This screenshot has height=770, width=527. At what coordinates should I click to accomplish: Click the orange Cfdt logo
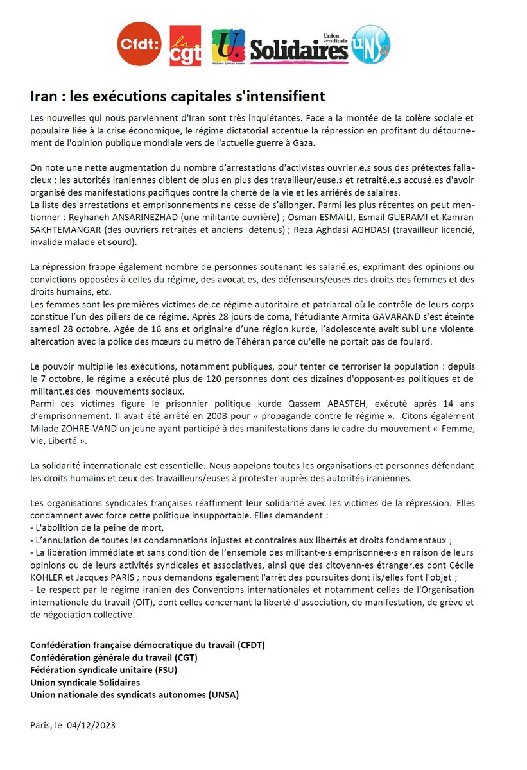[x=139, y=44]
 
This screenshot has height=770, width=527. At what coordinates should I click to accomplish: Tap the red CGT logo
[x=184, y=46]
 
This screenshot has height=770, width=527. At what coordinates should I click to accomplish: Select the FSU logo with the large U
[x=227, y=46]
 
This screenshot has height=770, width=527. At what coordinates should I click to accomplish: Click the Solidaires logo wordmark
[x=298, y=49]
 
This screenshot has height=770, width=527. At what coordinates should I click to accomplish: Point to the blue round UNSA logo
[x=371, y=44]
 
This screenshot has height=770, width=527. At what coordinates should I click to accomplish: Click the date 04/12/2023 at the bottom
[x=91, y=725]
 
